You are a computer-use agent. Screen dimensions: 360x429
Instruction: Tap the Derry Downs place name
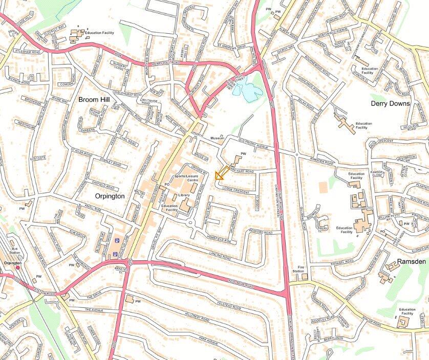390,103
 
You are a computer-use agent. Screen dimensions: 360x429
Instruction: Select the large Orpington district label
110,196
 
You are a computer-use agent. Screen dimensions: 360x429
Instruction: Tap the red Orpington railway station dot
18,267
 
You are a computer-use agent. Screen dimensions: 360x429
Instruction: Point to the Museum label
218,138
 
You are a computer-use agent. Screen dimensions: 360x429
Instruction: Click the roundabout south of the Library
190,222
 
